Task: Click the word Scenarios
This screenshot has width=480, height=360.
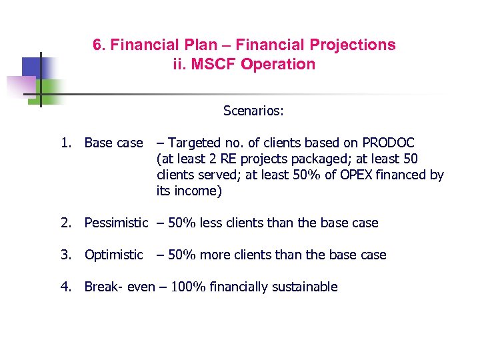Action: pos(253,111)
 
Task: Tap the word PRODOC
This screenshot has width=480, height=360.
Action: pos(388,143)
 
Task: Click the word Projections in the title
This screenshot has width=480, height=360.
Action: pos(355,45)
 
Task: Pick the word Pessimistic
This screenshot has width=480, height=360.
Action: pos(116,223)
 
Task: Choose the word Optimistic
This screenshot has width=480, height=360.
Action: pos(113,255)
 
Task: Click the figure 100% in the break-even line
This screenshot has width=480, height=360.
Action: pos(189,287)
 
